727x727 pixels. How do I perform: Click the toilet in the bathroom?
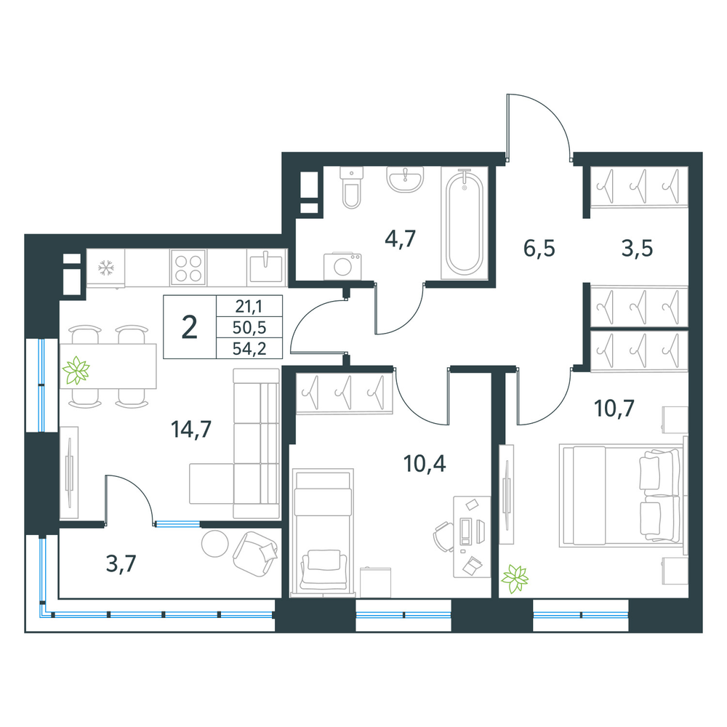click(351, 187)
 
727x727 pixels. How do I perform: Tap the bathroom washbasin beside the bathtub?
click(405, 179)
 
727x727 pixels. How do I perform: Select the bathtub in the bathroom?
click(464, 224)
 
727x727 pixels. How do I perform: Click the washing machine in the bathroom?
click(342, 266)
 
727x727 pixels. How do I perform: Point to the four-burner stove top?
click(188, 268)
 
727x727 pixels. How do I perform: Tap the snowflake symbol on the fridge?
click(106, 268)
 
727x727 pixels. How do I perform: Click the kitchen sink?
click(266, 268)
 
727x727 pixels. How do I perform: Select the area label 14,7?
click(191, 429)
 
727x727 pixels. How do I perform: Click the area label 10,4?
click(425, 463)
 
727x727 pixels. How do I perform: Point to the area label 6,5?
click(539, 248)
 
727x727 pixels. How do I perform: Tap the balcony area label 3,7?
click(121, 564)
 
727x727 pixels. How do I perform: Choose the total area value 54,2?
click(249, 348)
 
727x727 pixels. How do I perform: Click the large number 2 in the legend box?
click(190, 327)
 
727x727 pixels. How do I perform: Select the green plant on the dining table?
click(76, 371)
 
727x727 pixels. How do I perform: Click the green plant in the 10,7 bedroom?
click(515, 579)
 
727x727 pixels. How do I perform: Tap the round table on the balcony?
click(214, 543)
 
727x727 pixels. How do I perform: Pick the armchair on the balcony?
click(255, 554)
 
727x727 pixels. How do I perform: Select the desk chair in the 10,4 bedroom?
click(443, 537)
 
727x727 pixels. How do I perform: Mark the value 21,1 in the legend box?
click(249, 307)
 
